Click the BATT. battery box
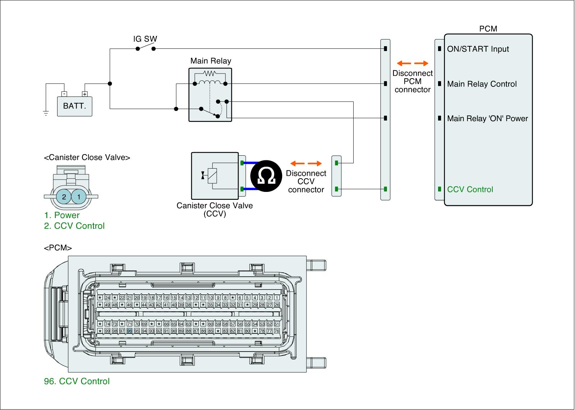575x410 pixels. [75, 106]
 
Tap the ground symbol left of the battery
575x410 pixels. [46, 114]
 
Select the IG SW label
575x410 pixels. [145, 39]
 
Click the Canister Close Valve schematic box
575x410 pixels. [215, 176]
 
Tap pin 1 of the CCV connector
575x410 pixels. [79, 197]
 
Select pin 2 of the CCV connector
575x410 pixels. [64, 197]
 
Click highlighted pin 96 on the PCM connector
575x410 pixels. [130, 331]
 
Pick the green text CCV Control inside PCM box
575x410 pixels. [470, 189]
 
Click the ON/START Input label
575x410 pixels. [478, 49]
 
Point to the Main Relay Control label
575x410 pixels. [482, 84]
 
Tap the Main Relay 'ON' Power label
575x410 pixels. [487, 119]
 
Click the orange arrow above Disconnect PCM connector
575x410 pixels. [412, 63]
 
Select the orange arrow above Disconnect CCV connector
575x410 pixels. [306, 164]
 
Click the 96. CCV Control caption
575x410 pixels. [77, 381]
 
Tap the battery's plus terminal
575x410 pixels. [85, 94]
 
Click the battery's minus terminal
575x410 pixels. [64, 94]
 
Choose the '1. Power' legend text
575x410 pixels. [62, 215]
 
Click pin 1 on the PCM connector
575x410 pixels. [277, 298]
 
